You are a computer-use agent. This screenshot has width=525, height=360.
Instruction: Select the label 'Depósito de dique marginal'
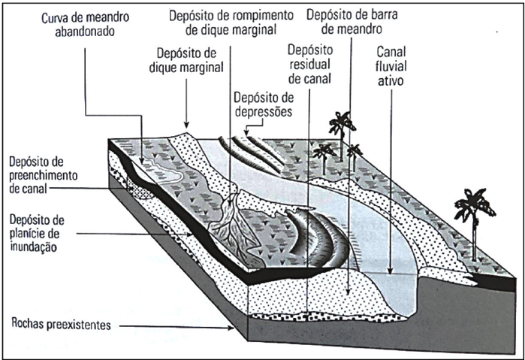(x=189, y=60)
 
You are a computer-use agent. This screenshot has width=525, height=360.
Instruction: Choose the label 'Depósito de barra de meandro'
(x=350, y=22)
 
